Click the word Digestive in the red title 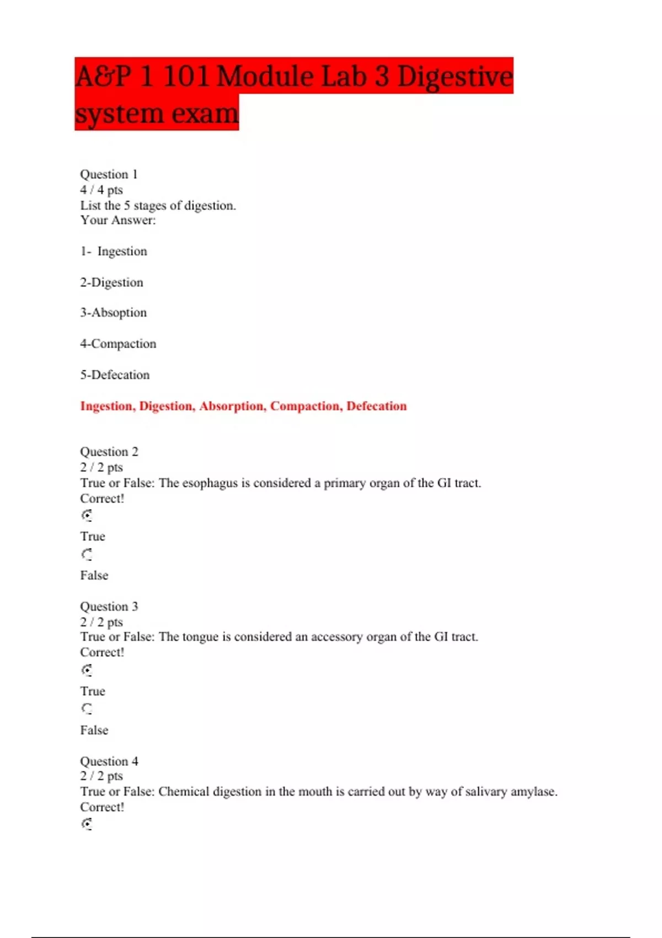455,76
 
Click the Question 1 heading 109,174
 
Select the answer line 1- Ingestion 114,252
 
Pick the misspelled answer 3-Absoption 114,313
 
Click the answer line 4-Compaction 118,344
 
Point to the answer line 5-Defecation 115,375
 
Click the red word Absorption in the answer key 232,406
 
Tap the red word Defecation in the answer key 376,406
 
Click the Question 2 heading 109,452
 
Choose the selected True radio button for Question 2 87,515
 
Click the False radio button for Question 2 87,555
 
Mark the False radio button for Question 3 87,709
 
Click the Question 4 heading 109,761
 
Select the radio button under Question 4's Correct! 87,824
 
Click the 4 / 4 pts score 102,190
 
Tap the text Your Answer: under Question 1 118,220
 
